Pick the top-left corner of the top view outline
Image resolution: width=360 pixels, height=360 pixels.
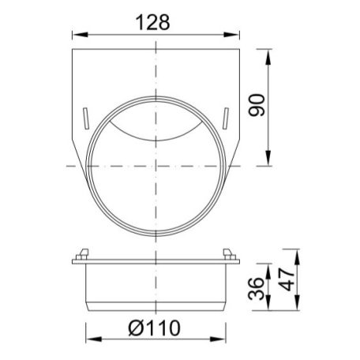[73, 49]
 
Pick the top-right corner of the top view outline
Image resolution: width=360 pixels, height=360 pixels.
[240, 49]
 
